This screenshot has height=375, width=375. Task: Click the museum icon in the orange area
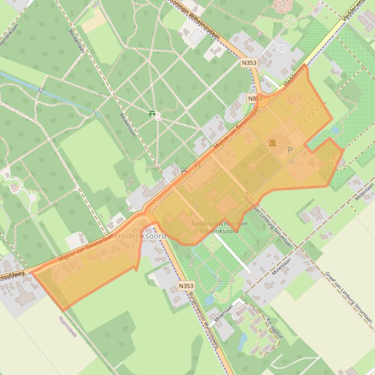[x=272, y=143]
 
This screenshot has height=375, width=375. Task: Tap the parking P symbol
[x=290, y=150]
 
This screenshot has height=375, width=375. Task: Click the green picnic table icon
[x=152, y=114]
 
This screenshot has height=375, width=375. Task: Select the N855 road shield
[x=252, y=98]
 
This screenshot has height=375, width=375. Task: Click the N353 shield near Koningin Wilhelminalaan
[x=249, y=63]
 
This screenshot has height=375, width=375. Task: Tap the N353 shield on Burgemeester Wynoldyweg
[x=186, y=286]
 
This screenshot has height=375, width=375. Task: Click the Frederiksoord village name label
[x=140, y=236]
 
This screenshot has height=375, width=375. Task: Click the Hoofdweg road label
[x=12, y=275]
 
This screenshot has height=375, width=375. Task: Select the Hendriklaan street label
[x=9, y=34]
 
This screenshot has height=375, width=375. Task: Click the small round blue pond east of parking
[x=335, y=130]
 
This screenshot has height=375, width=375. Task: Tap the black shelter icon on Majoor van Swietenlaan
[x=184, y=172]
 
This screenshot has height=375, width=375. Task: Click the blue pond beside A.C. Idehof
[x=242, y=340]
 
